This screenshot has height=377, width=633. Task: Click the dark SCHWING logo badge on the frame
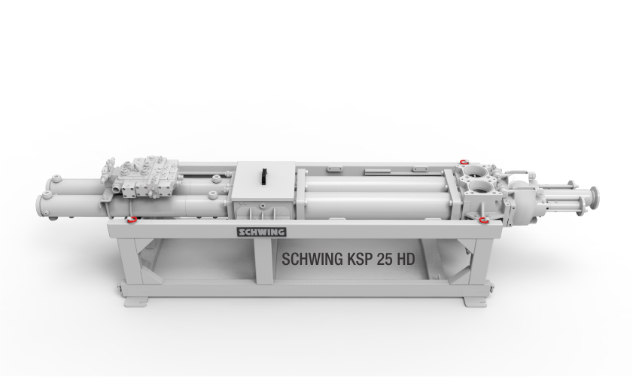262,232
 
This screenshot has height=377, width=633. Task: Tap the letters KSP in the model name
359,259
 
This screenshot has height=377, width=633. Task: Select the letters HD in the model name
406,259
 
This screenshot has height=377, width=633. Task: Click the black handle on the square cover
264,176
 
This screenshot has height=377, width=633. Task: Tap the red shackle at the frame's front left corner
131,220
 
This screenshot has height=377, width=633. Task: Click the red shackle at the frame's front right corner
482,220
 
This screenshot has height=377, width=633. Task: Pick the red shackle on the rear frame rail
464,163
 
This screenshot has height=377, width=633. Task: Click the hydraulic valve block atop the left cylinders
142,178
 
